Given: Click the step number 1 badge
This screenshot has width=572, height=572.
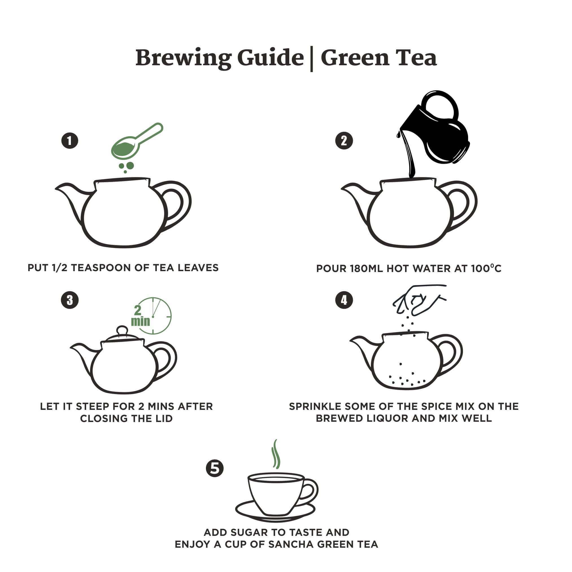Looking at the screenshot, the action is coord(69,141).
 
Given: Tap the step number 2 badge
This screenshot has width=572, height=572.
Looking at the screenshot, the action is coord(344,141).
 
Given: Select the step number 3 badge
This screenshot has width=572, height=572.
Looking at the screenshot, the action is coord(69,300).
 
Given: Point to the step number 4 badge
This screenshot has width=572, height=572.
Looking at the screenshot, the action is coord(344,300).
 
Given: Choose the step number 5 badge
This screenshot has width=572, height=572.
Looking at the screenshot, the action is coord(215,468).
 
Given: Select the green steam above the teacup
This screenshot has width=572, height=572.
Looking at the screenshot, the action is coord(276,454).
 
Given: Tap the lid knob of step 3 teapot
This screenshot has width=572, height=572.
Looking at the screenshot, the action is coord(122,331).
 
